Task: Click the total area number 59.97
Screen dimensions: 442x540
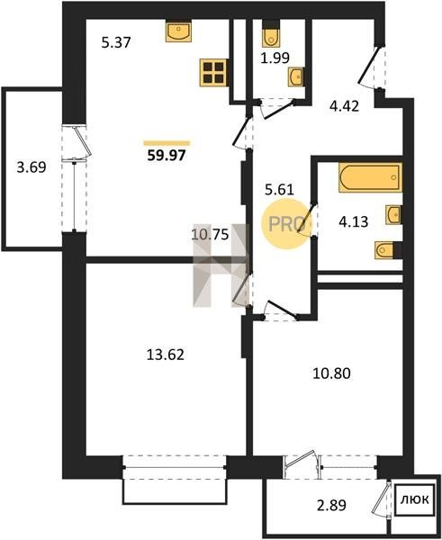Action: tap(167, 156)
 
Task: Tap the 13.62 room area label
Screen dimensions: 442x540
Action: tap(166, 354)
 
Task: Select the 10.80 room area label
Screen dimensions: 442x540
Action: tap(331, 373)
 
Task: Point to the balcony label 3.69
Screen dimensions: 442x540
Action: tap(32, 167)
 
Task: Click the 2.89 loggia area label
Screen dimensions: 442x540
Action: tap(331, 506)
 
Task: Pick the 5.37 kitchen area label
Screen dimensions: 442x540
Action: tap(116, 42)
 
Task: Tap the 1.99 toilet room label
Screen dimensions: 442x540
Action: tap(275, 58)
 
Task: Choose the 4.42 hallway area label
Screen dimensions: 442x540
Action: tap(344, 105)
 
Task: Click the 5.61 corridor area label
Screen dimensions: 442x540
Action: tap(279, 189)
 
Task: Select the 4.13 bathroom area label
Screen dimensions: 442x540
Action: tap(354, 221)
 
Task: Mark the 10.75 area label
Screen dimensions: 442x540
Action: tap(210, 235)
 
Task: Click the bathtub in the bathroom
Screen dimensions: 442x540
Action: tap(370, 177)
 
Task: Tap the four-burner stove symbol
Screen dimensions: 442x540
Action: tap(213, 72)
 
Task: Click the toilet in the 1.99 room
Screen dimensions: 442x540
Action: tap(271, 34)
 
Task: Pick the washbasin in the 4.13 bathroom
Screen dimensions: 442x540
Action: tap(393, 215)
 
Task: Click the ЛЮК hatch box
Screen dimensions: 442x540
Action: tap(414, 499)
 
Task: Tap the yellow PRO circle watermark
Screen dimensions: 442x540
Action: tap(286, 224)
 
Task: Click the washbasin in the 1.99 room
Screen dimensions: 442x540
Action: tap(295, 76)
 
